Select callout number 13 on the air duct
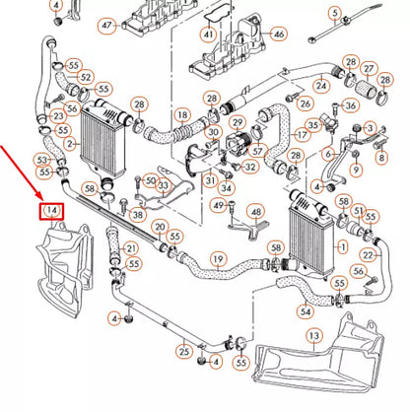click(x=313, y=336)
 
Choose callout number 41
click(x=208, y=34)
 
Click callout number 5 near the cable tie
click(x=335, y=13)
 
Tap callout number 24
click(x=320, y=87)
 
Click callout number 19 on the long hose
click(x=218, y=259)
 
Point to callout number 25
click(x=183, y=350)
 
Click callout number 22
click(x=368, y=255)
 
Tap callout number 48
click(x=255, y=212)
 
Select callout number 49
click(x=218, y=204)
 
